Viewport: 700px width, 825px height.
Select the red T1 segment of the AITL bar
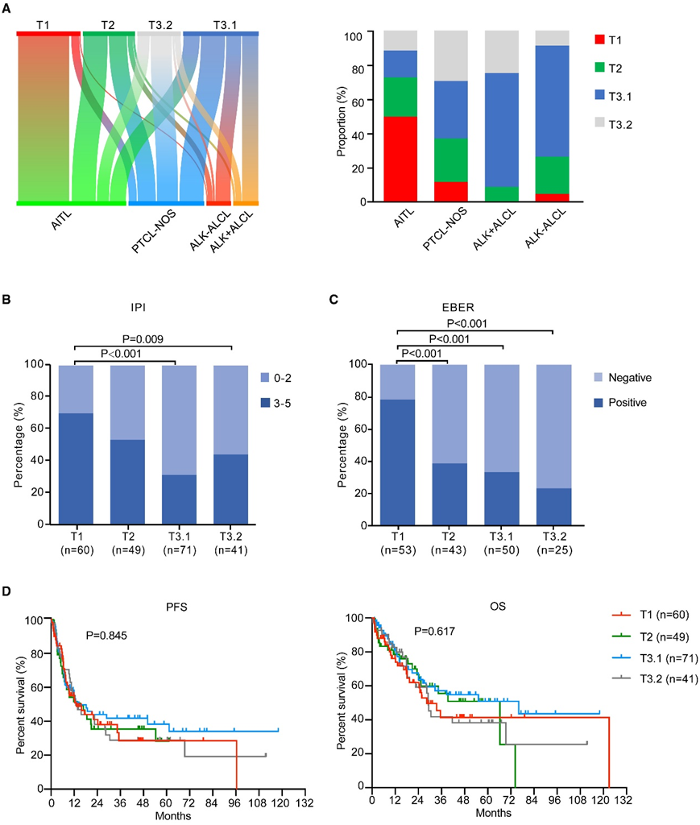tap(400, 159)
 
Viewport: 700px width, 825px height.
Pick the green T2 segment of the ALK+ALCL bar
tap(502, 193)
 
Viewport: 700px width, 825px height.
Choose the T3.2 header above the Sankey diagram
tap(158, 24)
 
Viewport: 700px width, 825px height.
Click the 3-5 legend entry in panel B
tap(285, 400)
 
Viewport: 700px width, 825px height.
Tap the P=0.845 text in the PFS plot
tap(108, 636)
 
